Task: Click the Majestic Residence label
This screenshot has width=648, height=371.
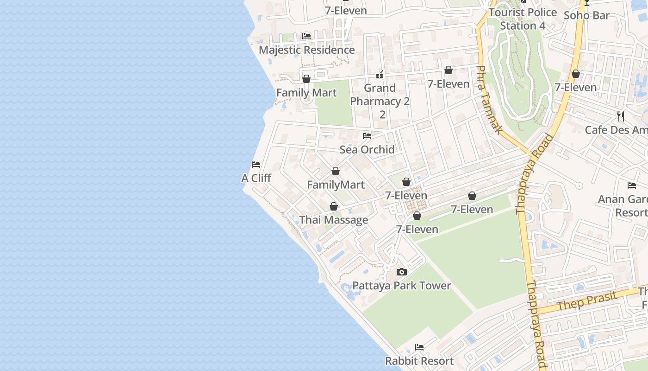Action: pyautogui.click(x=306, y=50)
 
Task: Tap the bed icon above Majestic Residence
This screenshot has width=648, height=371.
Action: pyautogui.click(x=306, y=36)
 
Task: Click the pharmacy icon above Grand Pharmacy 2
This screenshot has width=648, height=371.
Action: pyautogui.click(x=380, y=74)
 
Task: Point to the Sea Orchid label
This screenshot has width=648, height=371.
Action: pyautogui.click(x=367, y=149)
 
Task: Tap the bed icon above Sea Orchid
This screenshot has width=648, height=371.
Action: pyautogui.click(x=367, y=136)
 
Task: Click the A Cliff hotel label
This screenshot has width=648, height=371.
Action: pyautogui.click(x=256, y=178)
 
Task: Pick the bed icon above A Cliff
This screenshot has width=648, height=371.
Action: pyautogui.click(x=256, y=165)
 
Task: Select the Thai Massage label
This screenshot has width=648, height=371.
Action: pyautogui.click(x=334, y=220)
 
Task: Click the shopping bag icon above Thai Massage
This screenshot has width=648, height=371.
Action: pyautogui.click(x=334, y=206)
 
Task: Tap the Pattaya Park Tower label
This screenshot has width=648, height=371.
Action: pyautogui.click(x=402, y=286)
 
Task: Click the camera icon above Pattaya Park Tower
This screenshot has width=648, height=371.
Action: pyautogui.click(x=402, y=272)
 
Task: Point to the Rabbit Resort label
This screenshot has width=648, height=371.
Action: pyautogui.click(x=419, y=361)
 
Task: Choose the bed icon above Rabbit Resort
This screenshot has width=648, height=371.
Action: pyautogui.click(x=419, y=347)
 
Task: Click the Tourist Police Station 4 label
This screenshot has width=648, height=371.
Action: pyautogui.click(x=523, y=19)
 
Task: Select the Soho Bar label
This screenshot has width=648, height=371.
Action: pyautogui.click(x=586, y=15)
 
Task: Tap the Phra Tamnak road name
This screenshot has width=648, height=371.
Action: pyautogui.click(x=489, y=100)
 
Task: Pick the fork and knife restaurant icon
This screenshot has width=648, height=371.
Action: pyautogui.click(x=621, y=116)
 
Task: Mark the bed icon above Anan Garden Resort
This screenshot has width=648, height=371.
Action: pyautogui.click(x=632, y=185)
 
